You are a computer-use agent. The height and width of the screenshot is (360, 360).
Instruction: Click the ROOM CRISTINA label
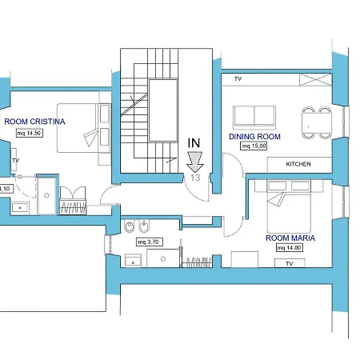[34, 122]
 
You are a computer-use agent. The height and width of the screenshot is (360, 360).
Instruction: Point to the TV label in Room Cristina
[15, 161]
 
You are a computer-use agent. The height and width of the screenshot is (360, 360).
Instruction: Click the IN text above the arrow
[194, 143]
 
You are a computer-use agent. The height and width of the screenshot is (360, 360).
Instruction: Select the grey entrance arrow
[194, 162]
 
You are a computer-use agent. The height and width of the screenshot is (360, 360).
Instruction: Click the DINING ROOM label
[254, 137]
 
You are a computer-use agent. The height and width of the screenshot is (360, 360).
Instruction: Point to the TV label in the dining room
[238, 79]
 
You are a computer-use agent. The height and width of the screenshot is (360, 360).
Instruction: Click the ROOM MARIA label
[290, 238]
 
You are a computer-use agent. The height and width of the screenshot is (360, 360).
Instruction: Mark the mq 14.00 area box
[289, 248]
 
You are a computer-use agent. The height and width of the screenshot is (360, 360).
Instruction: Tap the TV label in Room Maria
[290, 263]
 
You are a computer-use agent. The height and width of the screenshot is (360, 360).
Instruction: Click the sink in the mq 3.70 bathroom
[133, 260]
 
